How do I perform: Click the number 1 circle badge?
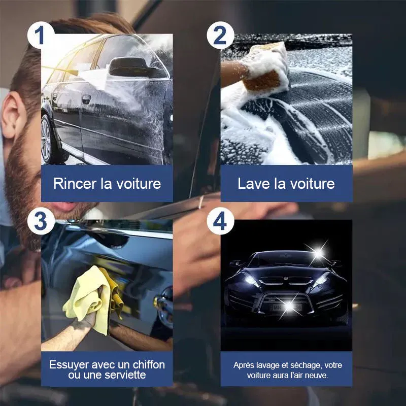click(41, 35)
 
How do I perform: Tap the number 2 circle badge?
click(220, 35)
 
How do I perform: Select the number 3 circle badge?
click(41, 221)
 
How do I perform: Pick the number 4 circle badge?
click(220, 221)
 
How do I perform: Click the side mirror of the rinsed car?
click(129, 66)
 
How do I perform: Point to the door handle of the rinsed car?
click(86, 98)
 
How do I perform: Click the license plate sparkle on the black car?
click(289, 307)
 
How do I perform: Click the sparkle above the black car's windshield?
click(318, 252)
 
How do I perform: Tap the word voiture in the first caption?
click(139, 184)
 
